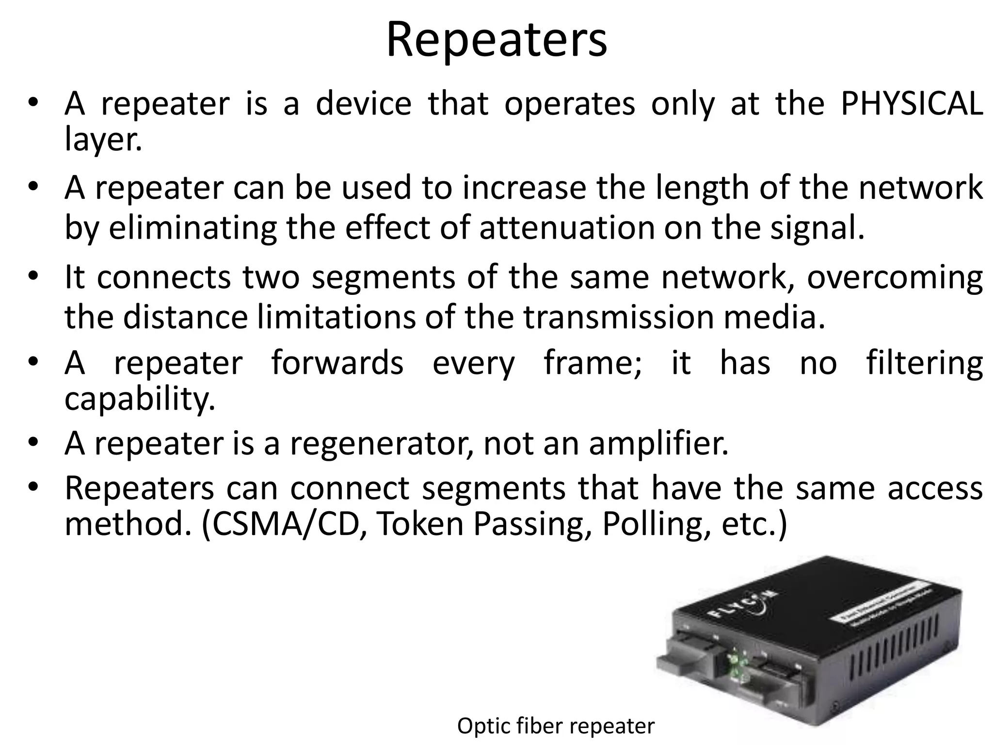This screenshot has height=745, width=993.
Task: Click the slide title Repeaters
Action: click(x=496, y=40)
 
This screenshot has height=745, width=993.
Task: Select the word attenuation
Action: click(x=567, y=228)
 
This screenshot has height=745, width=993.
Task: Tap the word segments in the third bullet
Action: click(x=383, y=277)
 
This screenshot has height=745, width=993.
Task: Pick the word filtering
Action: click(x=924, y=363)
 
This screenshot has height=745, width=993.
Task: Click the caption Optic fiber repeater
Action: click(x=556, y=726)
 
